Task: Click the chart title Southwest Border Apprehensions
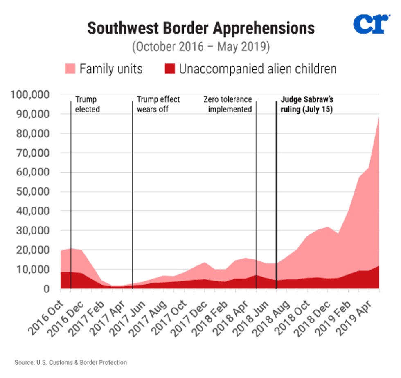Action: pos(201,28)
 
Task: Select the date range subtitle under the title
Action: pos(201,46)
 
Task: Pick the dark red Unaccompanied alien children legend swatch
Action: pos(169,68)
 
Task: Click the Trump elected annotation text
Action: pos(87,104)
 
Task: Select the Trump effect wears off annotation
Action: pos(158,104)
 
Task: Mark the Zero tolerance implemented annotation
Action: pos(228,104)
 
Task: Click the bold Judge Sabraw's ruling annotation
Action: pos(306,104)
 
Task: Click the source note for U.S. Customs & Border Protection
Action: pos(71,362)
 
